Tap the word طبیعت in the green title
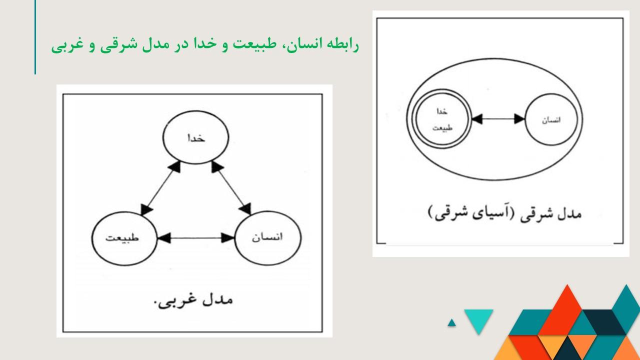click(254, 44)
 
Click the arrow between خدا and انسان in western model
click(231, 187)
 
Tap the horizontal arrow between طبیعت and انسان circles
click(196, 237)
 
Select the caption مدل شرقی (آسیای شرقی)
click(505, 213)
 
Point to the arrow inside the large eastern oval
click(498, 119)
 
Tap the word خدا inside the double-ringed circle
click(441, 111)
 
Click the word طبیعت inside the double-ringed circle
click(442, 127)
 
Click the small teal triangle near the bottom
click(451, 322)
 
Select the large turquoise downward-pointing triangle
click(478, 318)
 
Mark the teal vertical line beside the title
click(35, 37)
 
